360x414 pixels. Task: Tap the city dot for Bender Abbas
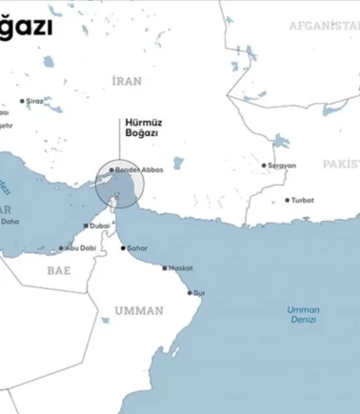[111, 170]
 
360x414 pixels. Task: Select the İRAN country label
[126, 82]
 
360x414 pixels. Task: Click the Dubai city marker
[86, 226]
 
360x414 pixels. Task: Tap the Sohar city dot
[120, 247]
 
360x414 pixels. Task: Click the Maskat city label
[181, 269]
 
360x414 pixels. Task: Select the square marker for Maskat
[165, 269]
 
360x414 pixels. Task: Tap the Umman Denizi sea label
[304, 315]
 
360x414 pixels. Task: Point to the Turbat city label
[304, 201]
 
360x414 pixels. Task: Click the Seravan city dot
[265, 166]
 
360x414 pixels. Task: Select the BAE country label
[60, 270]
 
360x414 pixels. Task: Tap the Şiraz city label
[34, 100]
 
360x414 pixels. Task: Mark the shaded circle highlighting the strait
[118, 185]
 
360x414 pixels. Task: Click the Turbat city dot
[288, 201]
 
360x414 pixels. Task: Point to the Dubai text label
[99, 226]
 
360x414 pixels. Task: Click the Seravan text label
[282, 166]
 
